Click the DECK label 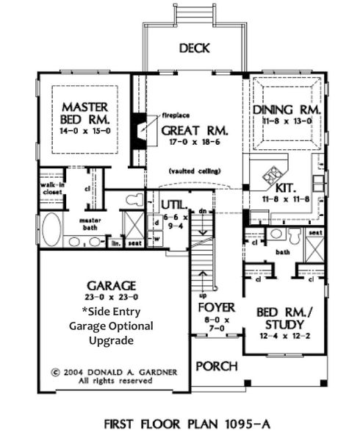(x=194, y=49)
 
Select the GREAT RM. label (x=194, y=130)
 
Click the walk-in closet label (x=50, y=190)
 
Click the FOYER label (x=217, y=308)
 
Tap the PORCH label (x=217, y=366)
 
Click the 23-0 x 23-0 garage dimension (x=111, y=298)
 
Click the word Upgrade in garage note (x=111, y=340)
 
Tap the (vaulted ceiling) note (x=192, y=171)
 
